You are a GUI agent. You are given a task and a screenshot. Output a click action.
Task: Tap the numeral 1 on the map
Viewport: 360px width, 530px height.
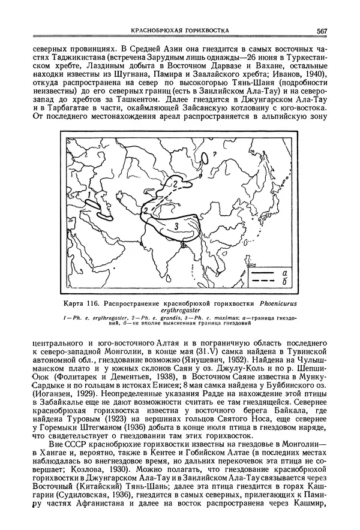(x=89, y=195)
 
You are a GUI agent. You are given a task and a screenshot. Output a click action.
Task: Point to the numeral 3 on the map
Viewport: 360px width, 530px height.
(x=177, y=226)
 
